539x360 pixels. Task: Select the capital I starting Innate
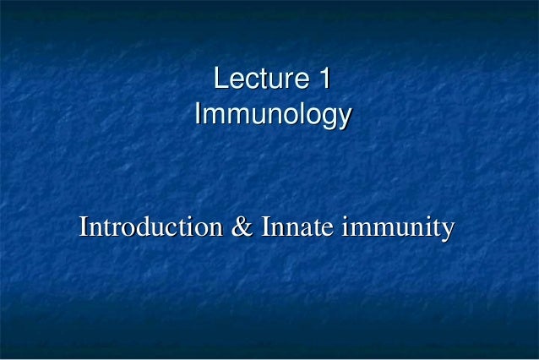coord(266,227)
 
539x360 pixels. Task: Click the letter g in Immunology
coord(328,117)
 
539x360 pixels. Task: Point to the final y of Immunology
coord(344,117)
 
